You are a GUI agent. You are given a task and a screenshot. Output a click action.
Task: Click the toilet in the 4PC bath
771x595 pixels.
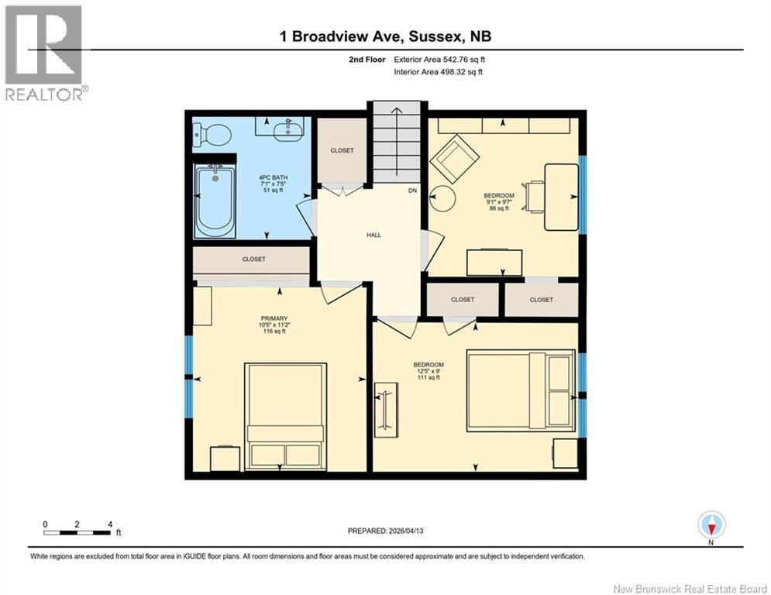pyautogui.click(x=213, y=136)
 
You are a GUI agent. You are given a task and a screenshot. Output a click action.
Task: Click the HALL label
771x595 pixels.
pyautogui.click(x=373, y=236)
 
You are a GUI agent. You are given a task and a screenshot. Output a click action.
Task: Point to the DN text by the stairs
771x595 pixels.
pyautogui.click(x=412, y=191)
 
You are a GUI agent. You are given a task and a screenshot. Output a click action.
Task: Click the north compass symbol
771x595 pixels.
pyautogui.click(x=711, y=525)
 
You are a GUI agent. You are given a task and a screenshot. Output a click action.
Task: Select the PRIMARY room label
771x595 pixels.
pyautogui.click(x=274, y=318)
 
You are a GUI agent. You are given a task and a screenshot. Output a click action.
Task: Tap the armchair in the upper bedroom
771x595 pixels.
pyautogui.click(x=456, y=158)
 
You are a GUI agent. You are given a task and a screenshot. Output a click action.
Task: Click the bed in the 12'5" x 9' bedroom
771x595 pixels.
pyautogui.click(x=521, y=390)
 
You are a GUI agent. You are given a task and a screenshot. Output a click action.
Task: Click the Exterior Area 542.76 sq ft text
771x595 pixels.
pyautogui.click(x=439, y=59)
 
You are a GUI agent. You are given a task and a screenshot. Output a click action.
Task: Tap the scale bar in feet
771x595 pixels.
pyautogui.click(x=77, y=532)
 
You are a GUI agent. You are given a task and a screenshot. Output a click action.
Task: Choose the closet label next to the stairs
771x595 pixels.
pyautogui.click(x=342, y=150)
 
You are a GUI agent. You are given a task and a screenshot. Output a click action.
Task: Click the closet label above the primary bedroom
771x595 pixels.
pyautogui.click(x=253, y=260)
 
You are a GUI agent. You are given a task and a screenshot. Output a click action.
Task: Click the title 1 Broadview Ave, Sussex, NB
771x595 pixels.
pyautogui.click(x=384, y=36)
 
